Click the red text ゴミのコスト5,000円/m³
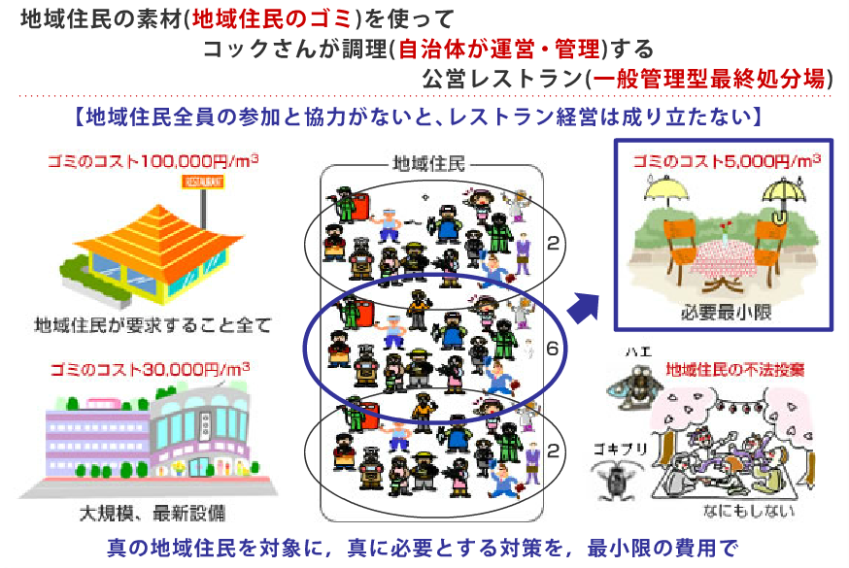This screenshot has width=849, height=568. (725, 160)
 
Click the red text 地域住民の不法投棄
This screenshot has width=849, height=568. (734, 370)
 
